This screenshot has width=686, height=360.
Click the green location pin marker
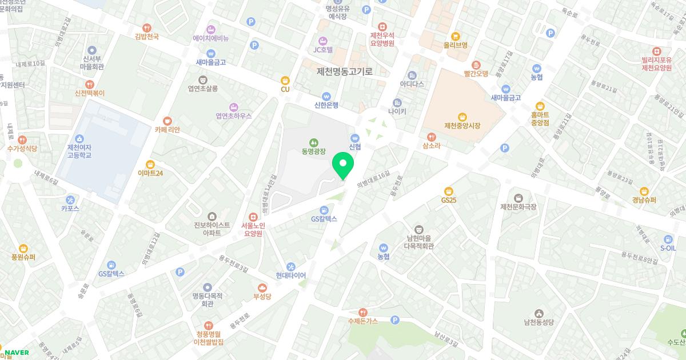[343, 165]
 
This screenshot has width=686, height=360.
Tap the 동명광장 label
[313, 151]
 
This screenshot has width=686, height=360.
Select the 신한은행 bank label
[326, 105]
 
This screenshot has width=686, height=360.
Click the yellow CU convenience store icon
[285, 81]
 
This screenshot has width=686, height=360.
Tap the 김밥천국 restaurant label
[147, 36]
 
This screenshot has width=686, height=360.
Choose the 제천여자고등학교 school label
[79, 151]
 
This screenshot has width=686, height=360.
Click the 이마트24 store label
[150, 173]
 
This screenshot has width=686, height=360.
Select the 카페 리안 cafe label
[167, 130]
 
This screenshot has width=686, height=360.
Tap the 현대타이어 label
[290, 275]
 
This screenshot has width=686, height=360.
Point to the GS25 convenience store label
[449, 200]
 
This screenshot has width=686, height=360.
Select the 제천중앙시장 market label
[463, 125]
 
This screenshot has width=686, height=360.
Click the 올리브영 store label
[456, 45]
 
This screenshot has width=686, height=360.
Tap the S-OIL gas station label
[668, 249]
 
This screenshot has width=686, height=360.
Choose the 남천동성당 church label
[539, 322]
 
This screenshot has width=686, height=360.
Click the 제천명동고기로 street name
[345, 71]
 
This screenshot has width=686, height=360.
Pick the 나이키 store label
[397, 111]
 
